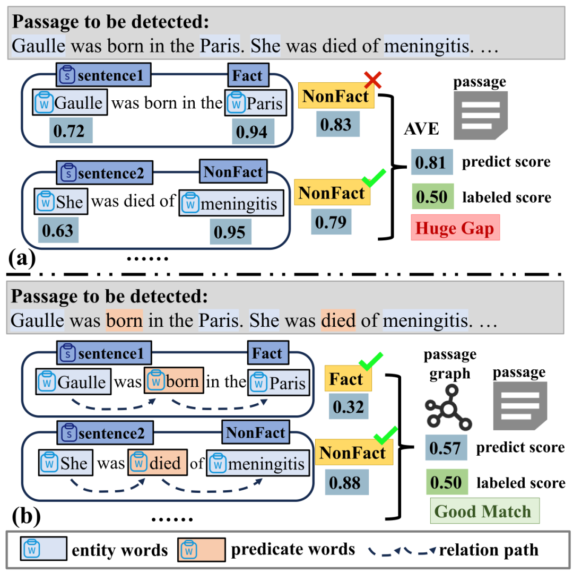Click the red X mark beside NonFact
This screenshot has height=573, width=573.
coord(373,80)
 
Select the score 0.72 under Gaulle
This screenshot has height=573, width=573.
coord(71,131)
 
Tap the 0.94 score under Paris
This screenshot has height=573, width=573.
coord(253,132)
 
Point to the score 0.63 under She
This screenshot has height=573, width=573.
coord(58,230)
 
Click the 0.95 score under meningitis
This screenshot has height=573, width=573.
coord(230,232)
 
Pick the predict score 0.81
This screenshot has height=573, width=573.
coord(431,162)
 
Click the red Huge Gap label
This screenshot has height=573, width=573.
coord(455,228)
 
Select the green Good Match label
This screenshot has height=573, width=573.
coord(484,510)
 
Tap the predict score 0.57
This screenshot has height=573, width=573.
coord(446,447)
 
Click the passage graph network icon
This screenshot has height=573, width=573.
coord(448,407)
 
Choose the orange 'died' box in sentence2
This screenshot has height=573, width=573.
coord(158,462)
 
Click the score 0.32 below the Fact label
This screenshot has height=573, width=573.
coord(348,406)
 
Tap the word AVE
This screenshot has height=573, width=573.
coord(421,128)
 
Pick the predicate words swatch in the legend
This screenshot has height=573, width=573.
coord(202,549)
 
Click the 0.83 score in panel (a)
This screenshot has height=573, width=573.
coord(337,124)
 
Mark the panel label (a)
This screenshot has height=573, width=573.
coord(22,258)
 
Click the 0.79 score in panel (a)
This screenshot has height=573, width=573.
coord(331,221)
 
